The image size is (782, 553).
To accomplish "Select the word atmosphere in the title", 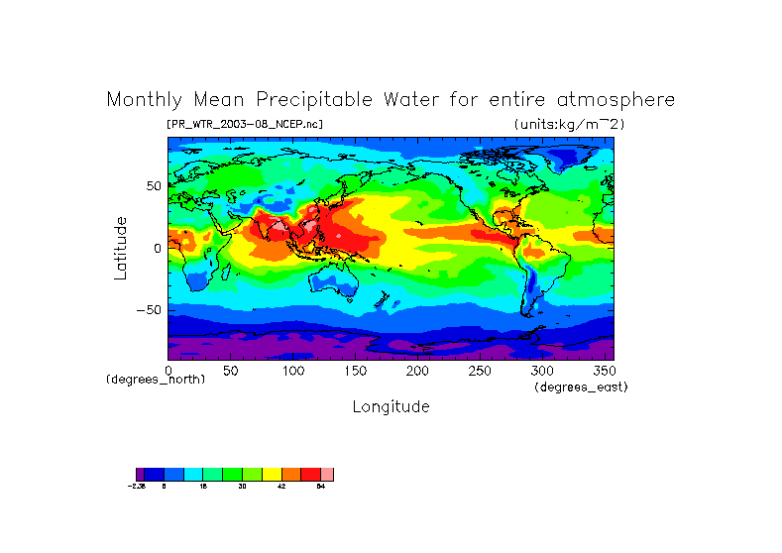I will pos(614,100).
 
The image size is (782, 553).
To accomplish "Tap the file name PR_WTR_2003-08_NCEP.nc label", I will pos(244,124).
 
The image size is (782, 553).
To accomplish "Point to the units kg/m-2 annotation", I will pos(569,124).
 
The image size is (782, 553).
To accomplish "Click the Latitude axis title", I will pos(120,248).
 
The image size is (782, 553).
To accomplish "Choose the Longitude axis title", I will pos(391,406).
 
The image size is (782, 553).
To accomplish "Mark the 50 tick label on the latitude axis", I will pos(153,185).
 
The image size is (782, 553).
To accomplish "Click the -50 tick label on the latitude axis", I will pos(149,309).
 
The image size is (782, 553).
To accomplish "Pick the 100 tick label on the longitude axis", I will pos(292,371).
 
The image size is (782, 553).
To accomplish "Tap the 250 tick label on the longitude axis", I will pos(480,371).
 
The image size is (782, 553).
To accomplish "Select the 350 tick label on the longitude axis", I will pos(605,371).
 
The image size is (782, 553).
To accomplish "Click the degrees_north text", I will pos(156,380).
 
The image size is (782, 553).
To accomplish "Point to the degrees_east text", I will pos(581,387).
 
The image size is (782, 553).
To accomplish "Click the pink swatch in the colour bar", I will pos(327,475).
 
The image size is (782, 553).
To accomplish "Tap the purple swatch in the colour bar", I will pos(140,475).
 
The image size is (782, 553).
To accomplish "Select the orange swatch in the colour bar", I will pos(291,475).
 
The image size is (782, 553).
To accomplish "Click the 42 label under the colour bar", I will pos(281,487).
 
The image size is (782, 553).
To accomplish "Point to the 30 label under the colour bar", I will pos(243,487).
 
